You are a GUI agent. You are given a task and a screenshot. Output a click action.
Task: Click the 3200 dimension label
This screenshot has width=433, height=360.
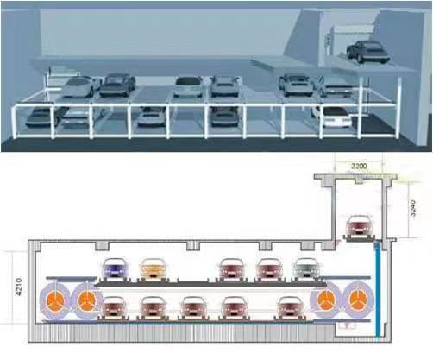point(359,166)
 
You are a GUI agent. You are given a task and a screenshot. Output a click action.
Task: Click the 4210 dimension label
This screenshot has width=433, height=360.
point(19,287)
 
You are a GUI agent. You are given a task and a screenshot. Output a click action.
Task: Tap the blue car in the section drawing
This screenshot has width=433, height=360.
point(115,268)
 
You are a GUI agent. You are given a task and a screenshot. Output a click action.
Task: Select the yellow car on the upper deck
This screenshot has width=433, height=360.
point(154,268)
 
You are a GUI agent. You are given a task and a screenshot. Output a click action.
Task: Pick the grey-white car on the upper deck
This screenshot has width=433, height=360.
point(305,268)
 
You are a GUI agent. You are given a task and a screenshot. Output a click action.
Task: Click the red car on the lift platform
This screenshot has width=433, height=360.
point(359,225)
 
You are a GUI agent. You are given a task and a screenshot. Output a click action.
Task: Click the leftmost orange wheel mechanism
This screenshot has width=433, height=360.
point(54,300)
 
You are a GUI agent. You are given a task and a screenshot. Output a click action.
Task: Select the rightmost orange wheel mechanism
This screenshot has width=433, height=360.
point(358,300)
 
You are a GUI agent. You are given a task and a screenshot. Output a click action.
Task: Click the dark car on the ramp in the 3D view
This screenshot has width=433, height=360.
point(367,52)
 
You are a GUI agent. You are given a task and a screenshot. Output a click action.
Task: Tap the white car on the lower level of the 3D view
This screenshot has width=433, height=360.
point(334,116)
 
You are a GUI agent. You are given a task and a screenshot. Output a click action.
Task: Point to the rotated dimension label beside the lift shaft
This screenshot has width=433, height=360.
point(412,208)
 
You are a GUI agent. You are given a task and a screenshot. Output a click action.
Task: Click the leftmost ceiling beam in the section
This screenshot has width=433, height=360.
point(103,246)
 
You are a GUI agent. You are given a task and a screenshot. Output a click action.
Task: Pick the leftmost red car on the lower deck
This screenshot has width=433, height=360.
point(114,307)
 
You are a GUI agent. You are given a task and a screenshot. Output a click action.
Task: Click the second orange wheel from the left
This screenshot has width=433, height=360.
point(85,300)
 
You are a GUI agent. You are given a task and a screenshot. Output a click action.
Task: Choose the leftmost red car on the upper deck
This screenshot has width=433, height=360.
point(232,268)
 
